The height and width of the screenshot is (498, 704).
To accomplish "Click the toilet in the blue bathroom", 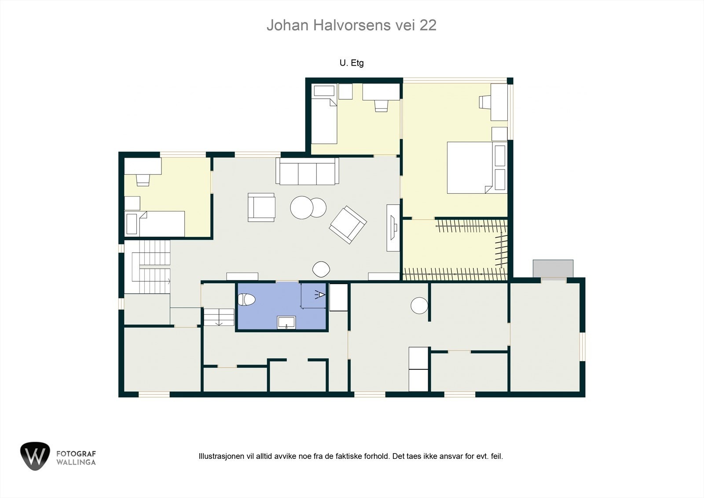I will click(x=246, y=300).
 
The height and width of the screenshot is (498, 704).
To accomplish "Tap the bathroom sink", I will click(x=286, y=322).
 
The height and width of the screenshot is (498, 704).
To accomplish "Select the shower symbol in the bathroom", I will click(x=321, y=295).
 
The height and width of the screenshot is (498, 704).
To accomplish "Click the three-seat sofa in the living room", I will click(x=307, y=172).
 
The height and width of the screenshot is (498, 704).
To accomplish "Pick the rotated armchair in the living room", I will click(x=348, y=225).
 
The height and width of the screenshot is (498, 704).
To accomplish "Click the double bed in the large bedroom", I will click(x=470, y=168).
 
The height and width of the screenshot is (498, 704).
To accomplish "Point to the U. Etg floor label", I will click(x=352, y=63).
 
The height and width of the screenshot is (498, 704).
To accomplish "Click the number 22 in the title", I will click(x=428, y=25).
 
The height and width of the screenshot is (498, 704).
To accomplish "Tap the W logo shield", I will click(x=35, y=456).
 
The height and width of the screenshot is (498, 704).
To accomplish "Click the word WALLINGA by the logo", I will click(x=76, y=462).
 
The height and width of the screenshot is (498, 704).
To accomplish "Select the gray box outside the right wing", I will click(x=553, y=268).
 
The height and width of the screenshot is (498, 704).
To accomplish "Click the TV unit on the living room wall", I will click(x=393, y=228).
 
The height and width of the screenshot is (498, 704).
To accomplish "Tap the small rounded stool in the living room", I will click(x=321, y=269).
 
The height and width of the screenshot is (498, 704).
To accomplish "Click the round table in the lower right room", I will click(x=419, y=305).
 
